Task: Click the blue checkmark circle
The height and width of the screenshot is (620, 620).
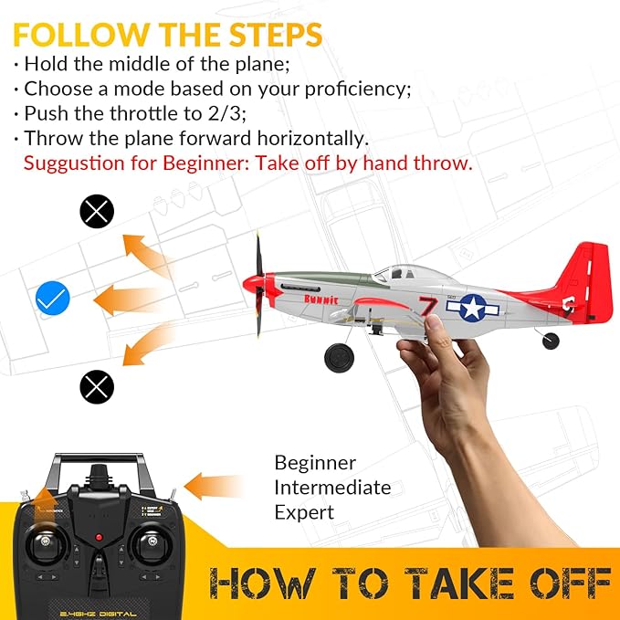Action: click(53, 299)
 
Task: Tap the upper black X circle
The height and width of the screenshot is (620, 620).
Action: click(97, 213)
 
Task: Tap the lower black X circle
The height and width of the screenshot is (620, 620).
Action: click(97, 387)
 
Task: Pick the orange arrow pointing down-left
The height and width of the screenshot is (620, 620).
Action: click(146, 346)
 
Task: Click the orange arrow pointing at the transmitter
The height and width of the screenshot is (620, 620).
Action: click(217, 485)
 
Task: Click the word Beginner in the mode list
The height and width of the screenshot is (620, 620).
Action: click(315, 463)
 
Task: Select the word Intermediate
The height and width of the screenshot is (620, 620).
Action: click(332, 488)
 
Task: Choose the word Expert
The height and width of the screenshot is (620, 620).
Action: click(304, 512)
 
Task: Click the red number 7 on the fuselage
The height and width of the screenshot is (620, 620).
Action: click(427, 305)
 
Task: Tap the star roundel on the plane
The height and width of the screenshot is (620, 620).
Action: click(474, 308)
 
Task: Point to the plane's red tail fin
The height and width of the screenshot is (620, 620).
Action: click(589, 274)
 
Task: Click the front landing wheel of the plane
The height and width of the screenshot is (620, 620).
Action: click(340, 356)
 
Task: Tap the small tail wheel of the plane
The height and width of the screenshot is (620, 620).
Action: click(551, 341)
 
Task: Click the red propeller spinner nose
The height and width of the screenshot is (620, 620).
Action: click(251, 285)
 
